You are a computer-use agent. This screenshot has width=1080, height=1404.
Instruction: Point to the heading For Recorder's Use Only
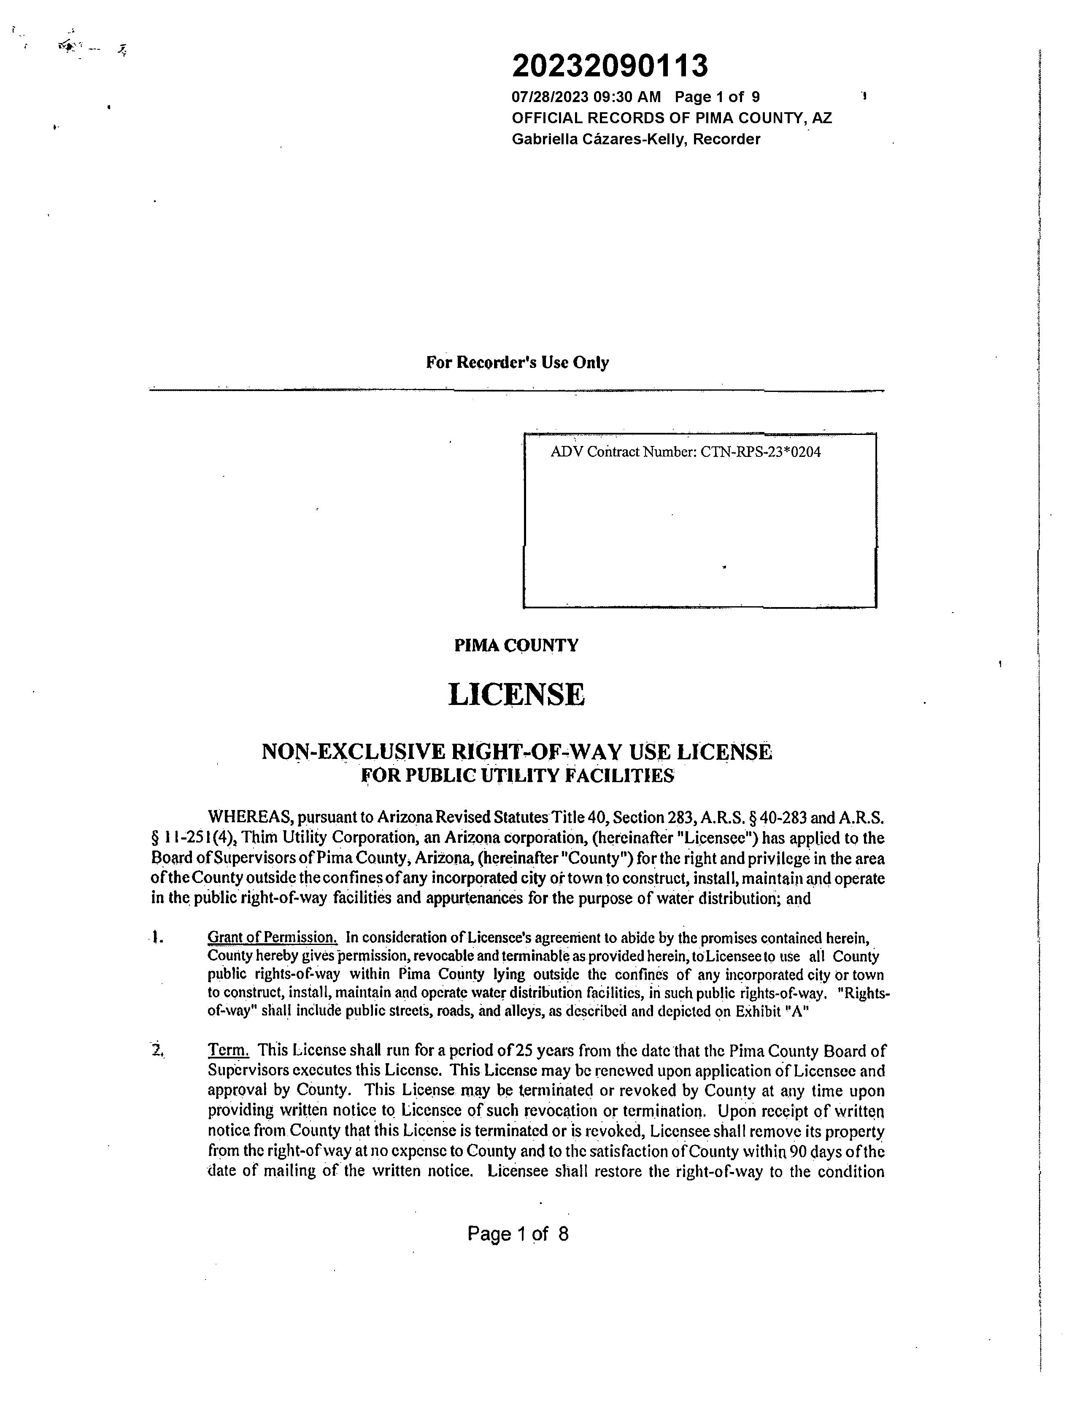click(518, 362)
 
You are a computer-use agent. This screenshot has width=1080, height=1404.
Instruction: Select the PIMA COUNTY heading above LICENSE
click(516, 645)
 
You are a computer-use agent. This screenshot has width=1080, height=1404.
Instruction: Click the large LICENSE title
click(516, 695)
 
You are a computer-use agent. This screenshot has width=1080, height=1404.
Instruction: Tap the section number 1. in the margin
click(157, 939)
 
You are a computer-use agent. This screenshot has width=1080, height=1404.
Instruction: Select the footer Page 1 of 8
click(518, 1234)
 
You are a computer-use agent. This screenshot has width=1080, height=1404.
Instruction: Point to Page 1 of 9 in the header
click(717, 97)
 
